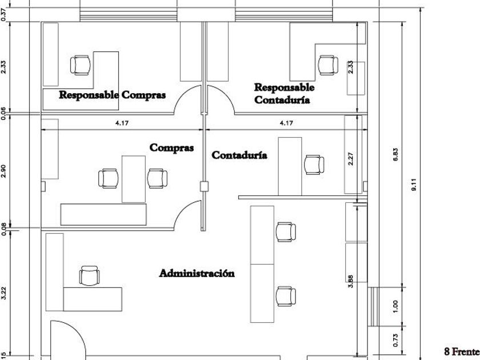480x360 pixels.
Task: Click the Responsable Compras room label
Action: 113,95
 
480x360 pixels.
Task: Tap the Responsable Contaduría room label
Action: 283,94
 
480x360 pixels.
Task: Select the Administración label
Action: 197,273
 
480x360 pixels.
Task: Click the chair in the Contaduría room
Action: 313,165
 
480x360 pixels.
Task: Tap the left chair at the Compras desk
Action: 109,178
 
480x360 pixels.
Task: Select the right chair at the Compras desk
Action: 157,178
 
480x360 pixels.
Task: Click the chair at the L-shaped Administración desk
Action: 89,275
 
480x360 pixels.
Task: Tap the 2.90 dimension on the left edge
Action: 5,171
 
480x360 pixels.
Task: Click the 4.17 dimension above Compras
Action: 121,123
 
